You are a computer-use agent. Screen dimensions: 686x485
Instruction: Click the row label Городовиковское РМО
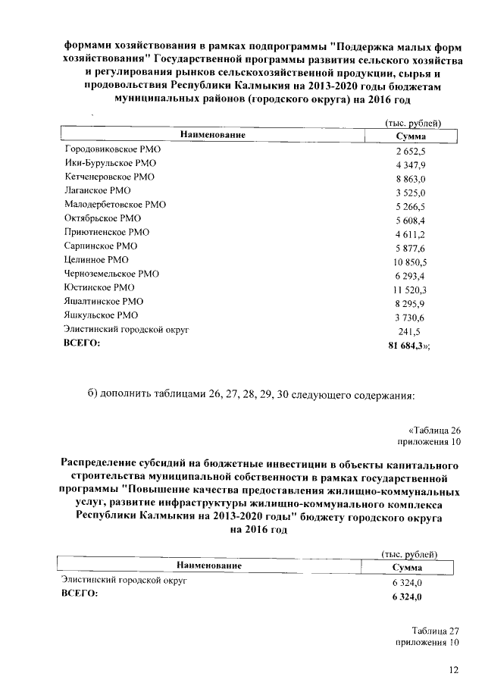(x=111, y=150)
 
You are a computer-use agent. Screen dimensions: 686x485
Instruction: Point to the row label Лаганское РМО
(x=99, y=191)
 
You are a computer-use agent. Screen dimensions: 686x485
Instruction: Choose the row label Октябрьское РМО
(x=103, y=218)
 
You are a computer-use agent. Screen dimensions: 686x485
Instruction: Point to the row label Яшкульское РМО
(x=102, y=315)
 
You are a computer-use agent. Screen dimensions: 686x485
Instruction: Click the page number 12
(x=453, y=669)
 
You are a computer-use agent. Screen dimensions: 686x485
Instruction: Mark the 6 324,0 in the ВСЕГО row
(x=405, y=597)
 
